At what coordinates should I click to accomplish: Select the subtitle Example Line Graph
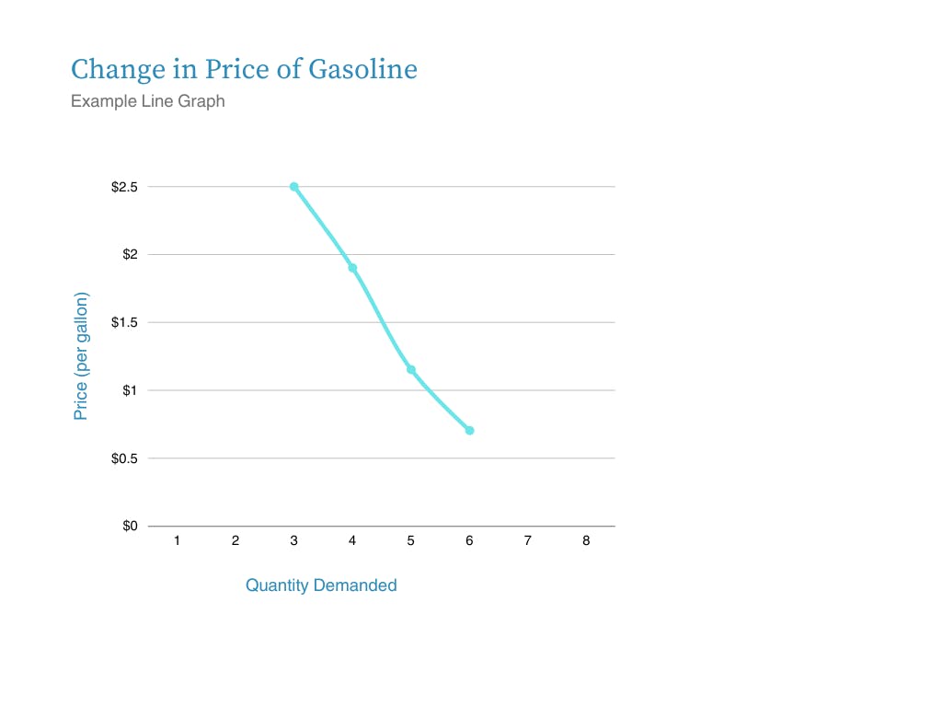tap(148, 101)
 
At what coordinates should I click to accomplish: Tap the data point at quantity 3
tap(293, 187)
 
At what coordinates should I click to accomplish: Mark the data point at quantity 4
tap(352, 268)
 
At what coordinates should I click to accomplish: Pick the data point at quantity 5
tap(411, 370)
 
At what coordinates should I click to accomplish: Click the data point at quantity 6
tap(469, 431)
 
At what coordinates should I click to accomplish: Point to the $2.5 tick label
tap(123, 187)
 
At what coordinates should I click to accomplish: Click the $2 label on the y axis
tap(129, 254)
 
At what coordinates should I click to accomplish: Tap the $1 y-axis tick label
tap(129, 390)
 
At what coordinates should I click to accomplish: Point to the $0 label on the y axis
tap(129, 527)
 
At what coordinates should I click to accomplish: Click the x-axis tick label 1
tap(177, 541)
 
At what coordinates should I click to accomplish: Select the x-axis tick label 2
tap(235, 541)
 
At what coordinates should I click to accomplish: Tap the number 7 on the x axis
tap(528, 541)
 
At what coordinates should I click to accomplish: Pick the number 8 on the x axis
tap(586, 541)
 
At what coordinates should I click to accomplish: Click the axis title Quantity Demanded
tap(321, 585)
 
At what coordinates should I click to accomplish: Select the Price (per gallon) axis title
tap(81, 356)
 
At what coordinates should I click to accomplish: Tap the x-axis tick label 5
tap(411, 541)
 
